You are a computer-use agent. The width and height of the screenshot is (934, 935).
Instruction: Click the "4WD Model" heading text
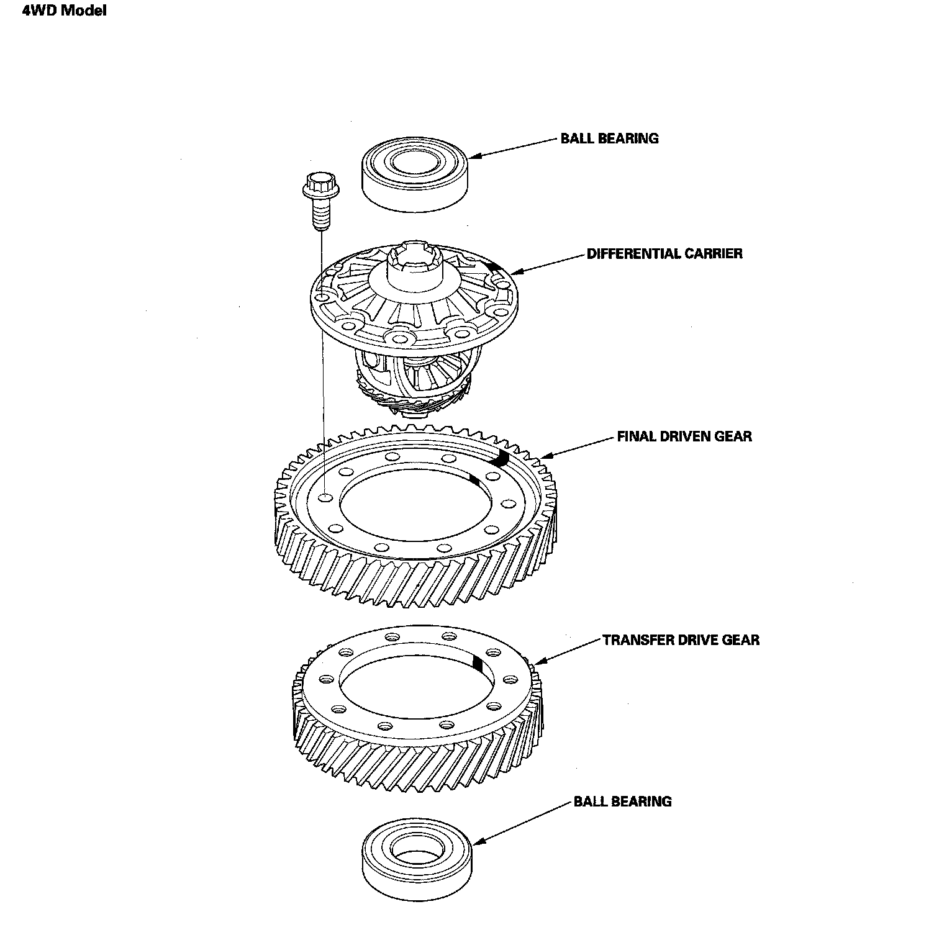click(65, 11)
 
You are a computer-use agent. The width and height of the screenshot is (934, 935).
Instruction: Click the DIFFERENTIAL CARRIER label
click(664, 253)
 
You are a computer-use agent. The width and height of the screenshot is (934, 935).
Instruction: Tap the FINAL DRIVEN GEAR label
click(684, 436)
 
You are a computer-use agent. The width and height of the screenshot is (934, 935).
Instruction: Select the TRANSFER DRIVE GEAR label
click(681, 639)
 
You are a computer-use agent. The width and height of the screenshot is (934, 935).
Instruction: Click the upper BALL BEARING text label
click(609, 138)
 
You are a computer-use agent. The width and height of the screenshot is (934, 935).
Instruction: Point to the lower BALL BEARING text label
click(622, 802)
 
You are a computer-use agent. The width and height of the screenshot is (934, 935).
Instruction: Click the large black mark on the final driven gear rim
click(502, 459)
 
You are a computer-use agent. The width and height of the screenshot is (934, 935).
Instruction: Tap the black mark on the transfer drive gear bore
click(476, 662)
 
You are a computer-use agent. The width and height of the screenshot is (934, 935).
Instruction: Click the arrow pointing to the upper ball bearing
click(513, 150)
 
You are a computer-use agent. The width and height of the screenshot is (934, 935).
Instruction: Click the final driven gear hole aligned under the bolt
click(325, 497)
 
